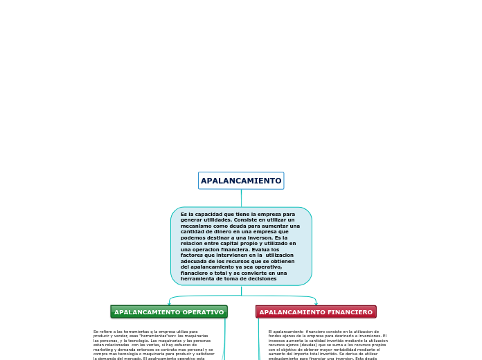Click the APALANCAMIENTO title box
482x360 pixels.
(241, 181)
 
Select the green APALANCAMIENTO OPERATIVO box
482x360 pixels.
(169, 312)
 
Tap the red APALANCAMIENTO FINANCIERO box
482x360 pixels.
(316, 312)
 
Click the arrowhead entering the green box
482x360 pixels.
(169, 303)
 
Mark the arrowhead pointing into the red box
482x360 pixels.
(316, 303)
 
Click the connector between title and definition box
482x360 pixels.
(241, 198)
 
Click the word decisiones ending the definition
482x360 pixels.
(261, 279)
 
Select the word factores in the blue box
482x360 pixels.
(191, 255)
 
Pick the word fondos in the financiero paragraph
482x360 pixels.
(276, 336)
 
